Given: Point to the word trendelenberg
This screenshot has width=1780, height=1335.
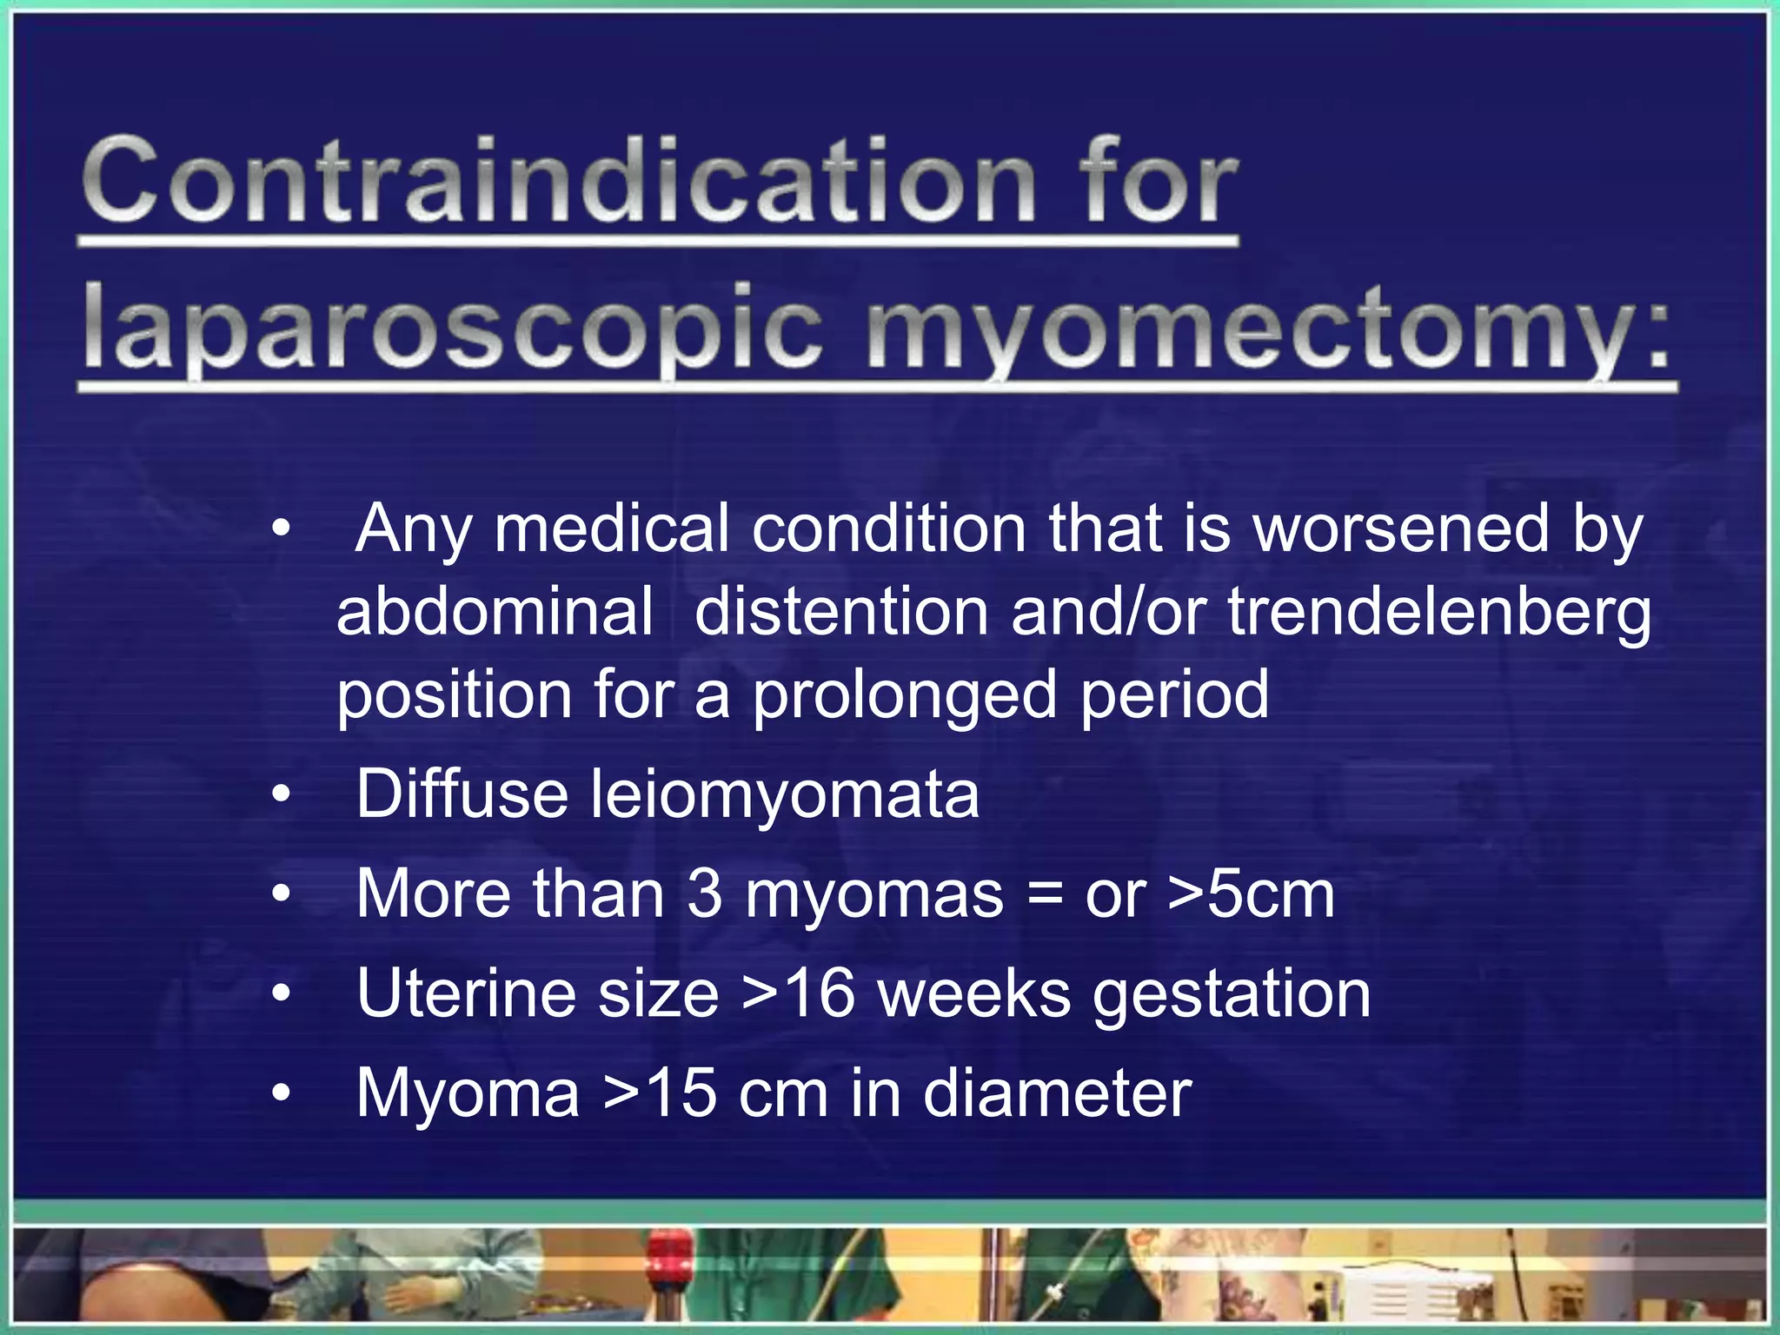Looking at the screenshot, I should click(1439, 614).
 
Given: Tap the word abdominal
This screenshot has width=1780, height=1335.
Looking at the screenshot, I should click(495, 612).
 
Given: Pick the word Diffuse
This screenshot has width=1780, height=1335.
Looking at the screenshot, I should click(462, 794).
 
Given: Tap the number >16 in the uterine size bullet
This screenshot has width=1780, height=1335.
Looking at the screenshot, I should click(800, 994).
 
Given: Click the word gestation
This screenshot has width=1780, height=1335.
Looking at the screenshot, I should click(1231, 996).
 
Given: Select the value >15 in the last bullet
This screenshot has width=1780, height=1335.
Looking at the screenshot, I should click(661, 1093).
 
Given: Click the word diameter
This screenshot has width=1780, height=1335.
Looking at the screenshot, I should click(1057, 1093).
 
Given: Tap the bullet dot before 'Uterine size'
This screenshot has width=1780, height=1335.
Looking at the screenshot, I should click(280, 994).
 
